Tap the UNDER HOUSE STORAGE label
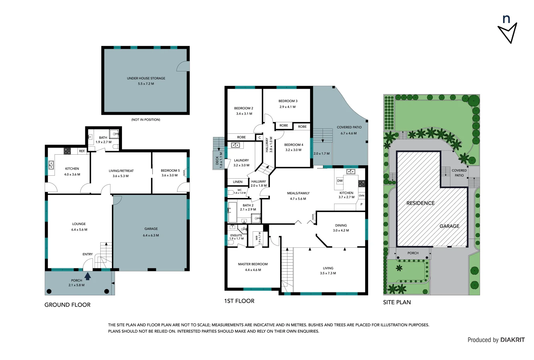(x=146, y=78)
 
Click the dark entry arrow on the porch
(x=88, y=276)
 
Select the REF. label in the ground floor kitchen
(x=82, y=151)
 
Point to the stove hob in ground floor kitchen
(x=67, y=151)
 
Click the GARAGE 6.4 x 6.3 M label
(x=151, y=232)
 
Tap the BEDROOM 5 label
(x=170, y=171)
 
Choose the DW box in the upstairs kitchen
(x=340, y=181)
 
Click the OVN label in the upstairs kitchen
(x=361, y=196)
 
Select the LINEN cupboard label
(x=238, y=182)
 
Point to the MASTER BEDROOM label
(x=253, y=264)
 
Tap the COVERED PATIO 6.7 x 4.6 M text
(x=349, y=130)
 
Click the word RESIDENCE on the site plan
(x=420, y=203)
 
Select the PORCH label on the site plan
(x=413, y=253)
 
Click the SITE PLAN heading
(x=397, y=302)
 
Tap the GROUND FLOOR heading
(x=67, y=305)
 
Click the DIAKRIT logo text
(x=512, y=340)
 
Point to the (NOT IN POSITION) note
(x=146, y=120)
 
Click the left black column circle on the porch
(x=49, y=291)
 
